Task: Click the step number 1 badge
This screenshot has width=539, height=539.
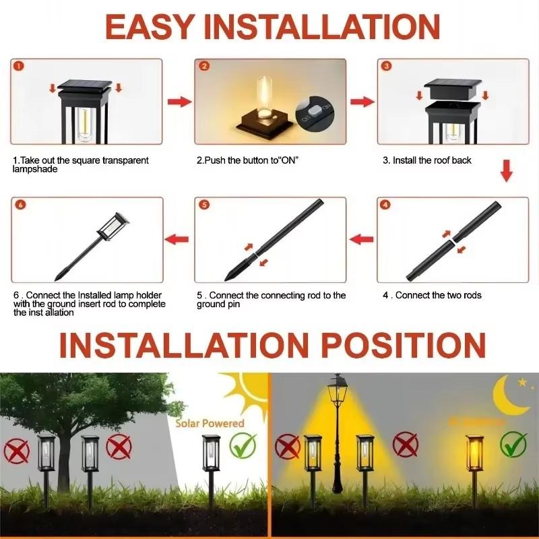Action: pos(19,67)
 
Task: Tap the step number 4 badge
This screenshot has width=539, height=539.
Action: pos(385,205)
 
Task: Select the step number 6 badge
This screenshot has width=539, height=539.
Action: pos(19,205)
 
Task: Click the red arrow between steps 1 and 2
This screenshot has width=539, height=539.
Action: pos(179,102)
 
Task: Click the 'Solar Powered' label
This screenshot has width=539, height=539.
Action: pos(210,423)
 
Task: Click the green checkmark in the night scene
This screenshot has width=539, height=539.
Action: pos(515,445)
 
